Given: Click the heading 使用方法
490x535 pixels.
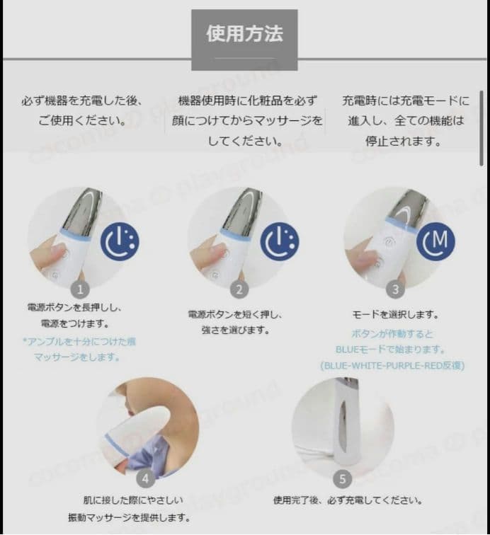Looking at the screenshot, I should [244, 34].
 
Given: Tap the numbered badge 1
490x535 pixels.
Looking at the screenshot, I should [80, 289].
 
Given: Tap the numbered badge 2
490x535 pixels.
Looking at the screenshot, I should [239, 289].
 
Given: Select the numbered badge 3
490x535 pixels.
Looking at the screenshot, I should [396, 289].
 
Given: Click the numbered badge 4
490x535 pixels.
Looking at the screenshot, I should [146, 478].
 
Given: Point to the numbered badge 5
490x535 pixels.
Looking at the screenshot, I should [342, 479].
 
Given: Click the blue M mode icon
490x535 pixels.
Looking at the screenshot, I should [434, 241].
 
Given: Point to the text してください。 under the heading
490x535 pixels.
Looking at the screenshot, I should [244, 141].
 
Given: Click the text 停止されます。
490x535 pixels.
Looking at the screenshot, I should [404, 141].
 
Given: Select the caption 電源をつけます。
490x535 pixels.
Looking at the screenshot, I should [79, 325].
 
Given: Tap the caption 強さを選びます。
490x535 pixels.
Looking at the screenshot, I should [239, 330].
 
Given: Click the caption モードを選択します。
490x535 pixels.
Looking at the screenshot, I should [396, 314].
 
